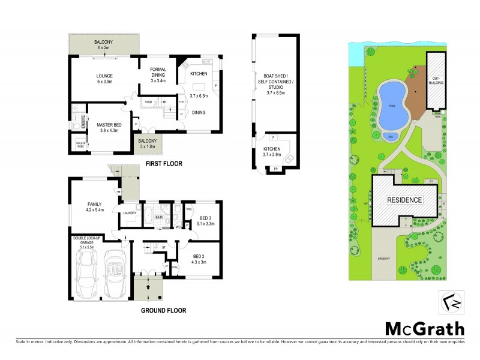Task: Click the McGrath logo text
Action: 424,328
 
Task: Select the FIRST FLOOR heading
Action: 158,163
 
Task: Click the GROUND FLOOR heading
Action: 163,310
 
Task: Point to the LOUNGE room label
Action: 105,76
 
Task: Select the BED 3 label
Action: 205,217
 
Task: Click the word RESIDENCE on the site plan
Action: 404,199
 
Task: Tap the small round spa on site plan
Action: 391,136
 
